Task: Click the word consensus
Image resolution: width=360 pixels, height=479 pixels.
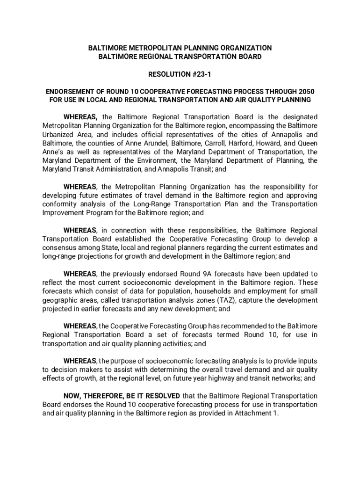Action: (58, 247)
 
